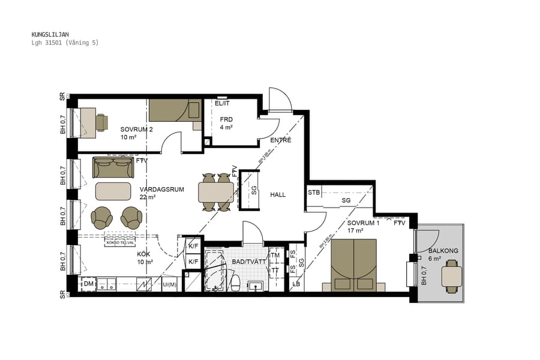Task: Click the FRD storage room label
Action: [x=226, y=119]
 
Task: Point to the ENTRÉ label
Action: [x=280, y=140]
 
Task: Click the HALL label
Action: [x=278, y=195]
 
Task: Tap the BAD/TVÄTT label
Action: [x=247, y=262]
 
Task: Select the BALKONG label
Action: [x=443, y=250]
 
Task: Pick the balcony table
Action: [x=452, y=277]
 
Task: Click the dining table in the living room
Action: [x=216, y=193]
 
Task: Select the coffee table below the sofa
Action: [x=113, y=191]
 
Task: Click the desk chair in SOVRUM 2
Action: [x=101, y=122]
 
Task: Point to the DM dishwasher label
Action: [x=88, y=284]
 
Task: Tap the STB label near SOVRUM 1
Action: [x=314, y=193]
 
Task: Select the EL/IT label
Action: [x=222, y=103]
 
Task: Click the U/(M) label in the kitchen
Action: [x=170, y=284]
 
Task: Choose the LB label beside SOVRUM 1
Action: [x=295, y=284]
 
